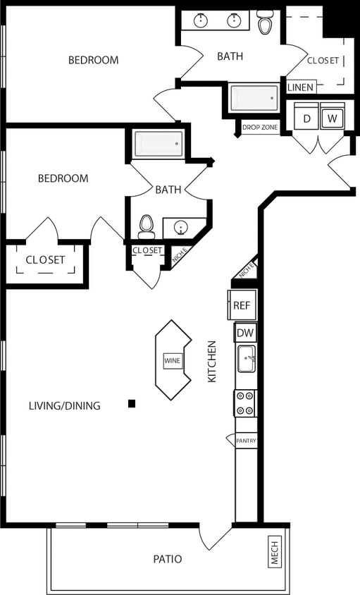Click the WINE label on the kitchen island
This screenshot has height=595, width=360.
(173, 360)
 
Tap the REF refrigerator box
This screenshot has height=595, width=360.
(242, 305)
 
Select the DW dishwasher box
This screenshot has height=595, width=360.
(245, 333)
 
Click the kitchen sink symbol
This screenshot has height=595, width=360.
(246, 359)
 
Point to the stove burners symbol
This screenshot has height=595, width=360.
(245, 403)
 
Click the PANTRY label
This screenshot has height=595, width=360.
(246, 441)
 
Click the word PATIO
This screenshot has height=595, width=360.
(168, 559)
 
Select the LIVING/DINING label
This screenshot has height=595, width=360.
(64, 405)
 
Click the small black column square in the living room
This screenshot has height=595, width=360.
(132, 403)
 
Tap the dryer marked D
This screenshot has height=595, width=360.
(306, 118)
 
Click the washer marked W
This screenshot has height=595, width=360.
(333, 118)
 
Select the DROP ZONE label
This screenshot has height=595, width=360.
(260, 128)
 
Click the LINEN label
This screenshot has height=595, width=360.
(301, 87)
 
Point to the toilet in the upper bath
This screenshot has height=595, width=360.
(265, 23)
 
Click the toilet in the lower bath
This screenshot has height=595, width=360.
(147, 225)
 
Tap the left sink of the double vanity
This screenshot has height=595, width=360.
(201, 20)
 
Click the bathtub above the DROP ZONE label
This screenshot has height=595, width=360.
(254, 99)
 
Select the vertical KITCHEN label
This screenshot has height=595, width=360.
(211, 362)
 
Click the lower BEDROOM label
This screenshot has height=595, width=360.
(63, 178)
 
